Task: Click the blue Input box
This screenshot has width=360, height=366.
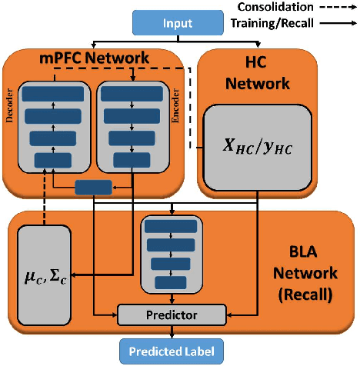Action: tap(177, 25)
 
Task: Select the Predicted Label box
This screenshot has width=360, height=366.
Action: tap(172, 351)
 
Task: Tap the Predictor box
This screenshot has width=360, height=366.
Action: tap(172, 314)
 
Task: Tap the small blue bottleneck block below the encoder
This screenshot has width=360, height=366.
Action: tap(93, 187)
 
